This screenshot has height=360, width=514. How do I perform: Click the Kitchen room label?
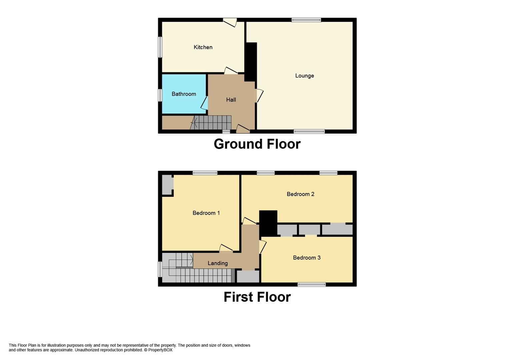203,47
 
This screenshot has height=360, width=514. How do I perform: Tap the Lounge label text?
304,76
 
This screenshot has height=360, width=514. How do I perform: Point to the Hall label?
231,100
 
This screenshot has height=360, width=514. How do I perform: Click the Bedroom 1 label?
206,213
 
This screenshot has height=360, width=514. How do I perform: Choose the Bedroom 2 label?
300,194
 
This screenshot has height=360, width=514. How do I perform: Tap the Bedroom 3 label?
307,258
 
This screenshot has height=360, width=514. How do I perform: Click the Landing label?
218,263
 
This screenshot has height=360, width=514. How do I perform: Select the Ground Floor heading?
257,144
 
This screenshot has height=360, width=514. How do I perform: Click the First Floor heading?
257,297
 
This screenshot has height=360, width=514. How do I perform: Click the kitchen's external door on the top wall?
230,22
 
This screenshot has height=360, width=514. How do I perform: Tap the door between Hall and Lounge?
259,95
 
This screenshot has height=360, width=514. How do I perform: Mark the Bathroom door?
204,103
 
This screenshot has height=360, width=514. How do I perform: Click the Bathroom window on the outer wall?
160,95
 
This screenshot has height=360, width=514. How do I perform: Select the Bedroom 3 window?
311,284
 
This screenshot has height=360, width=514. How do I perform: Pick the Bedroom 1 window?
205,173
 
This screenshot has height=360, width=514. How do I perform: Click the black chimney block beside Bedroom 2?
268,223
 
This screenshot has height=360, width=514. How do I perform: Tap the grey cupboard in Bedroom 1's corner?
166,185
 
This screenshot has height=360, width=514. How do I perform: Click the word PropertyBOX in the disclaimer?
160,350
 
